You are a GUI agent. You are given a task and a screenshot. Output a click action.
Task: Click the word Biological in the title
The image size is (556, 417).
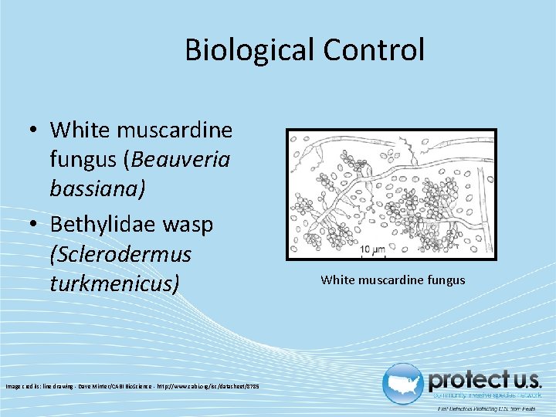249,50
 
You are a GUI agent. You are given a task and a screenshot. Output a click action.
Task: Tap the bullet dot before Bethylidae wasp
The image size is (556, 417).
35,224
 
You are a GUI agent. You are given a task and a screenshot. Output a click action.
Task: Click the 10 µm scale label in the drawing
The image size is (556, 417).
373,249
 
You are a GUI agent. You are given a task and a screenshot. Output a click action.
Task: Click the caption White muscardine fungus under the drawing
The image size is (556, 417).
393,280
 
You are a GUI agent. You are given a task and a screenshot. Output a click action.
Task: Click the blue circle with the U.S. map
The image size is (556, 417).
404,383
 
